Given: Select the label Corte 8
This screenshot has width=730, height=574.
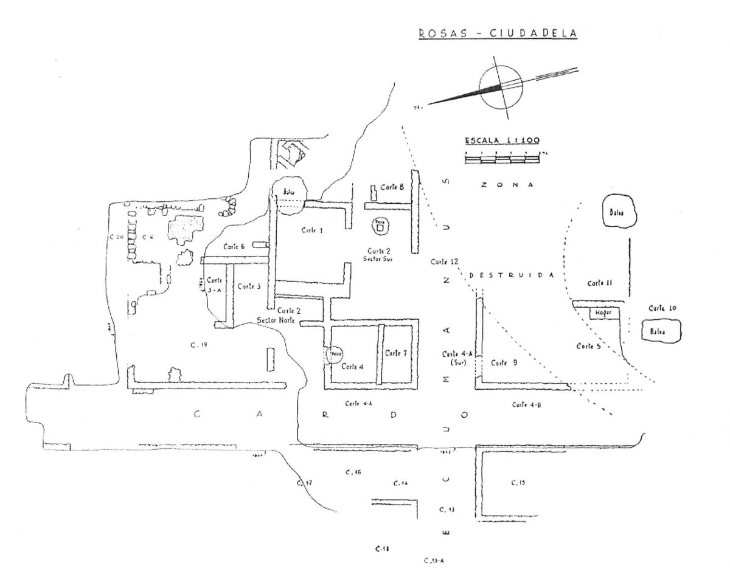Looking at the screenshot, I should coord(392,187).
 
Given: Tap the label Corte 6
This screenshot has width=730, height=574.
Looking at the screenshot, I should coord(234,246).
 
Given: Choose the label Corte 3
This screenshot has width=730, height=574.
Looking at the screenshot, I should coord(249,286).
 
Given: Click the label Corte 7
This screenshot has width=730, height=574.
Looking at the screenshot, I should coord(396,353).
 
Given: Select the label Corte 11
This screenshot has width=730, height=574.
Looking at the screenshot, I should coord(599,283).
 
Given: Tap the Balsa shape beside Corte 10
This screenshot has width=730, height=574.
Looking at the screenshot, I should coord(661,332).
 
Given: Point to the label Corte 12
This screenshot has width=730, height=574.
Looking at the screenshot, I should coord(444,262).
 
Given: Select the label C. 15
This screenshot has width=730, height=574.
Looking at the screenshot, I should coord(518,482).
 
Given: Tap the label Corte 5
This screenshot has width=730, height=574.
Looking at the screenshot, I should coord(588,346).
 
